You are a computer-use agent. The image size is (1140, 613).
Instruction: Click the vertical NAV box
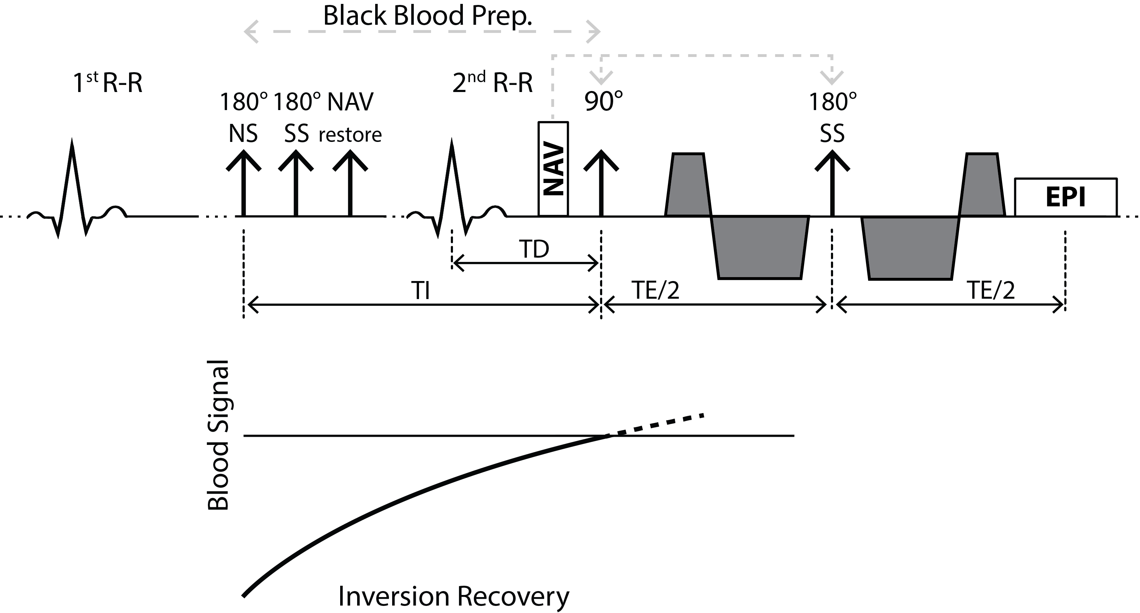[x=553, y=169]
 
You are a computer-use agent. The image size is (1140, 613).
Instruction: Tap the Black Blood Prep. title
[x=427, y=16]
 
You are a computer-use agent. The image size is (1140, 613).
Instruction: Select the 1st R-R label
[x=107, y=83]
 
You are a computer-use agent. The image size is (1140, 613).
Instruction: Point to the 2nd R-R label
[x=492, y=83]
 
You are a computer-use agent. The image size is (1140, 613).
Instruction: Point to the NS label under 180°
[x=243, y=133]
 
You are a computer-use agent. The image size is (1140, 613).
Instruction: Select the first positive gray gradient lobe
[x=688, y=185]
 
